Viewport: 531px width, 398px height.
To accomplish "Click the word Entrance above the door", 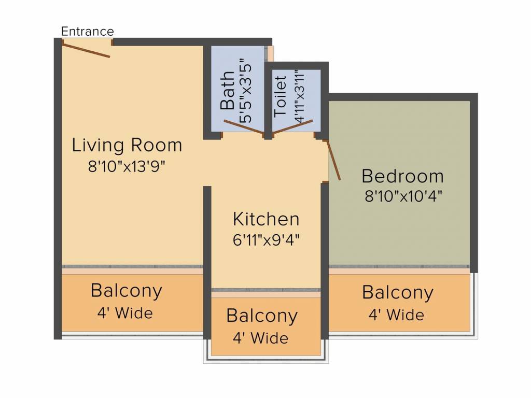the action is (x=87, y=32).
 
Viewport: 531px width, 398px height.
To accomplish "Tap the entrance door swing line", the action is (x=86, y=50).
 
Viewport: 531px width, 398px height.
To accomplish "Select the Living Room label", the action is (x=127, y=145).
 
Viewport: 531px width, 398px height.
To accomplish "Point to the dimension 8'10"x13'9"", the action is (x=127, y=166).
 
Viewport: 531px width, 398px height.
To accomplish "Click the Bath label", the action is (x=227, y=90).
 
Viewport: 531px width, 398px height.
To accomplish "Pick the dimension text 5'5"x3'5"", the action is (x=246, y=93).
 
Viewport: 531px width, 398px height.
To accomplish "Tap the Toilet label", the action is (x=281, y=96).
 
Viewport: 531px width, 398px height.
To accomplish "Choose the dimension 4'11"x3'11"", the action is (x=299, y=96).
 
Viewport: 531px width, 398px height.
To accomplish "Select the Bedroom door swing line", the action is (x=333, y=160).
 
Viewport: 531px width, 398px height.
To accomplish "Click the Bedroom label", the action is (x=402, y=176).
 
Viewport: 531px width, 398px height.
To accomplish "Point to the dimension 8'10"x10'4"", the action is (x=403, y=196).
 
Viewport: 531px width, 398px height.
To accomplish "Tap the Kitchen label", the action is (x=266, y=219).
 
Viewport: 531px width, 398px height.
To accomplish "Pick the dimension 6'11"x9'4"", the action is (x=266, y=240).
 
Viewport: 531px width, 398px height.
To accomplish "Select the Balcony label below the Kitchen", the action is (x=262, y=316).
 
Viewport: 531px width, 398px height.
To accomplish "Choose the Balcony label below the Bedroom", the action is (x=398, y=293).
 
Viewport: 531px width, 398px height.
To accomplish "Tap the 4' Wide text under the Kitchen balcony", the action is (x=260, y=338).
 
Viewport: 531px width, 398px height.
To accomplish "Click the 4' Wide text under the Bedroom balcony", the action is (x=396, y=315).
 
